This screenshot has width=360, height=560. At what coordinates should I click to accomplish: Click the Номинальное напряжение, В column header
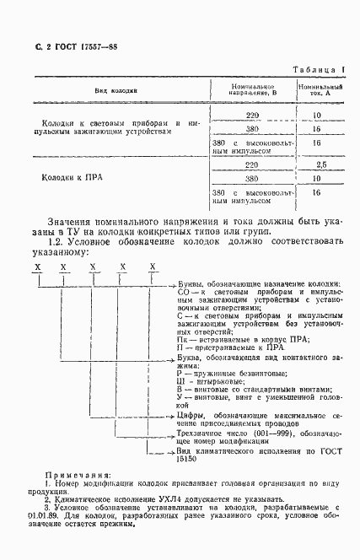pos(252,89)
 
